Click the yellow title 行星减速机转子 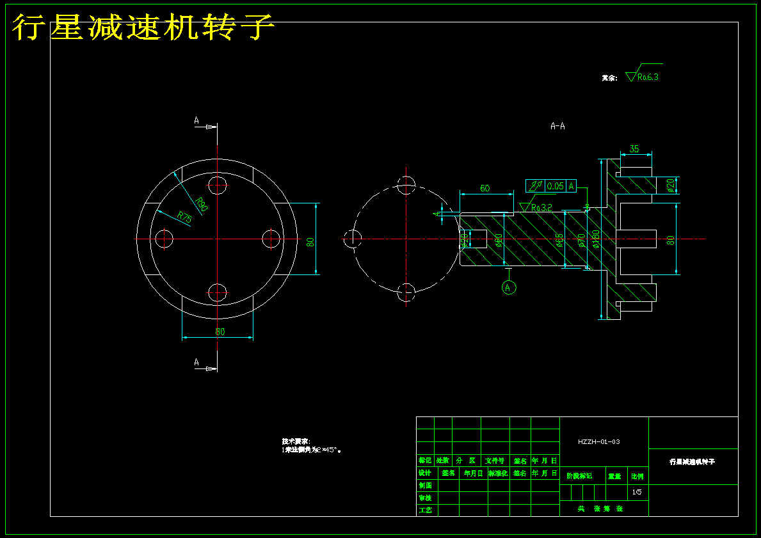pos(143,28)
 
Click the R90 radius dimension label pos(202,205)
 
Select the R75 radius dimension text pos(184,218)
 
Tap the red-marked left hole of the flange pos(164,239)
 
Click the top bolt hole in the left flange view pos(218,185)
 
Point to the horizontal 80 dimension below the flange pos(220,331)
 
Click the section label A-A pos(557,126)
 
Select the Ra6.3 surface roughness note pos(647,77)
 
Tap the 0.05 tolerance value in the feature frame pos(556,186)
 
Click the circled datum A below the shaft pos(508,287)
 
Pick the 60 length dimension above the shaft pos(485,188)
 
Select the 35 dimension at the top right pos(634,149)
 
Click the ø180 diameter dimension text pos(596,239)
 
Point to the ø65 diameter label pos(559,241)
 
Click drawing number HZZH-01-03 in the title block pos(598,441)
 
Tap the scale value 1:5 pos(636,492)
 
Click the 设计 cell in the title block pos(424,473)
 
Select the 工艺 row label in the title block pos(424,510)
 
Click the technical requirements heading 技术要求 pos(296,441)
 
